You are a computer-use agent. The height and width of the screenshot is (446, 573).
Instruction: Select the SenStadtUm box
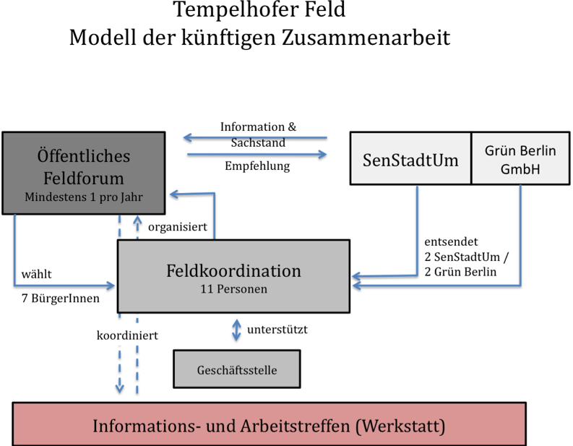(x=410, y=159)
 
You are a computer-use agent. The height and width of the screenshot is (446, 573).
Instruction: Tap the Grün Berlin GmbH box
(x=520, y=159)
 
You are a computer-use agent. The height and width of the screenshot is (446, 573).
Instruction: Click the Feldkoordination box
(x=233, y=277)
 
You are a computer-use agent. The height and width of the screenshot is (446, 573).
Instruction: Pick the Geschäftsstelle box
(x=236, y=370)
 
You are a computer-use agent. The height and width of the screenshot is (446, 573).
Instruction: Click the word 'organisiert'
(x=178, y=227)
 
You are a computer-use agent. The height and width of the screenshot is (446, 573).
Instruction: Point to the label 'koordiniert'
(x=127, y=336)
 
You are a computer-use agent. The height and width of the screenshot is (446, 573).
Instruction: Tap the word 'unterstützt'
(x=277, y=330)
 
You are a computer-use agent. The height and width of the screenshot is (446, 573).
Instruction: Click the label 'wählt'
(x=36, y=274)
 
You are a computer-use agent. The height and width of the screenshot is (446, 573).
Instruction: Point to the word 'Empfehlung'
(x=257, y=166)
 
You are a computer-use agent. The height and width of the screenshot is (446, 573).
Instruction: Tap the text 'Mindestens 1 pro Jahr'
(x=83, y=197)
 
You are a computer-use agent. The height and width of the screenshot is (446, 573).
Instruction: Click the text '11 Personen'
(x=233, y=289)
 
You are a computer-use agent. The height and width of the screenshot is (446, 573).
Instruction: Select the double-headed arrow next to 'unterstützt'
(x=236, y=331)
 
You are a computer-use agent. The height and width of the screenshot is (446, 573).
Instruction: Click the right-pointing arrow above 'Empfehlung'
(x=257, y=155)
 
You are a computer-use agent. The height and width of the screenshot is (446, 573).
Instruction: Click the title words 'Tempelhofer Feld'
(x=259, y=10)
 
